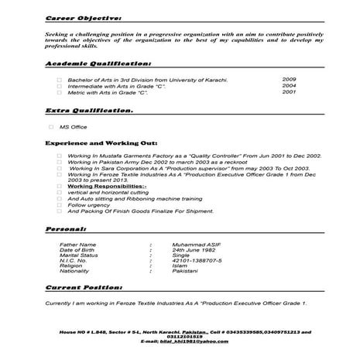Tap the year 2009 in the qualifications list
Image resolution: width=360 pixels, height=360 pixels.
tap(289, 80)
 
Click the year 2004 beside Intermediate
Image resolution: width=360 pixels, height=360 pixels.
tap(289, 86)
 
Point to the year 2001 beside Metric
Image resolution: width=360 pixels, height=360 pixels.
tap(289, 92)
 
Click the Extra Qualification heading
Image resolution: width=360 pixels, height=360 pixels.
tap(89, 111)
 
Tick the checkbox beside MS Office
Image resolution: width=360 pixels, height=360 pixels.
tap(51, 127)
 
